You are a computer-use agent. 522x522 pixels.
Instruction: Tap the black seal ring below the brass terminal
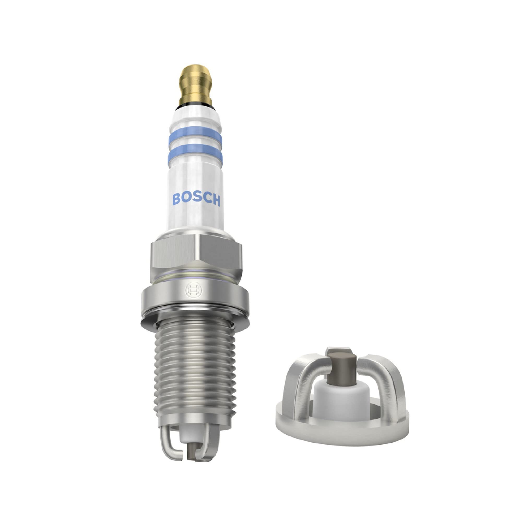(x=195, y=105)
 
